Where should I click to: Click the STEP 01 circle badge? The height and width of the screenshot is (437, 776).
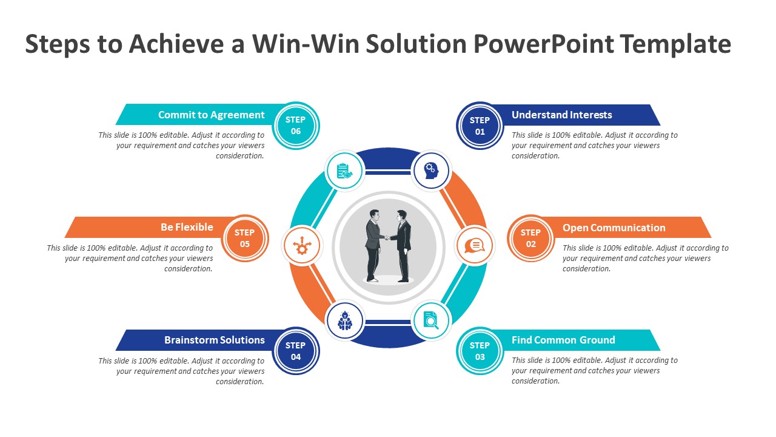(x=480, y=126)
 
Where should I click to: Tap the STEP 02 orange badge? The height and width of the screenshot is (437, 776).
(x=530, y=239)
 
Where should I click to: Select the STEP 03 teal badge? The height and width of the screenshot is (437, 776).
(x=480, y=351)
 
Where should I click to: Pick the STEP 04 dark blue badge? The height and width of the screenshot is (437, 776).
(x=296, y=351)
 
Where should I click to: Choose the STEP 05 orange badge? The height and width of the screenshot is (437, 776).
(x=245, y=239)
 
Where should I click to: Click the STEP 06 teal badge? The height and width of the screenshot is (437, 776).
(x=296, y=126)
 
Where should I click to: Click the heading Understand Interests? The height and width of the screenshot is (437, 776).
(x=561, y=115)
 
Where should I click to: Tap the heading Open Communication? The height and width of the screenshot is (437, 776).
(x=614, y=228)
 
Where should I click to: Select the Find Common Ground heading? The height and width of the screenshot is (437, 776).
(x=563, y=340)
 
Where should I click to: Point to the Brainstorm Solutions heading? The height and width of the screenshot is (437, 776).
(x=215, y=340)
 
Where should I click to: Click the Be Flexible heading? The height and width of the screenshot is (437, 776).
(x=187, y=227)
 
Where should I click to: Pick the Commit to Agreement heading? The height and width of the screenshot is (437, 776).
(x=212, y=115)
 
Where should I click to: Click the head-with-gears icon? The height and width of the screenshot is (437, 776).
(x=431, y=171)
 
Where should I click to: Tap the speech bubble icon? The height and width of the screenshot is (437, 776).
(x=475, y=246)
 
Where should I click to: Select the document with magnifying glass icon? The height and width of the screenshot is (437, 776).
(x=431, y=320)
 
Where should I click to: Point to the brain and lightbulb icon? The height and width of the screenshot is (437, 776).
(x=345, y=320)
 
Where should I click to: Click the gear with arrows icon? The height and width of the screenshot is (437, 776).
(x=302, y=246)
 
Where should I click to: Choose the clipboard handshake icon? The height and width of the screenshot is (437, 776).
(x=345, y=171)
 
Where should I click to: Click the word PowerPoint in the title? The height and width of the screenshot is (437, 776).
(x=544, y=44)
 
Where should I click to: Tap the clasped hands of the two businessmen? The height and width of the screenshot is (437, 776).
(x=387, y=238)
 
